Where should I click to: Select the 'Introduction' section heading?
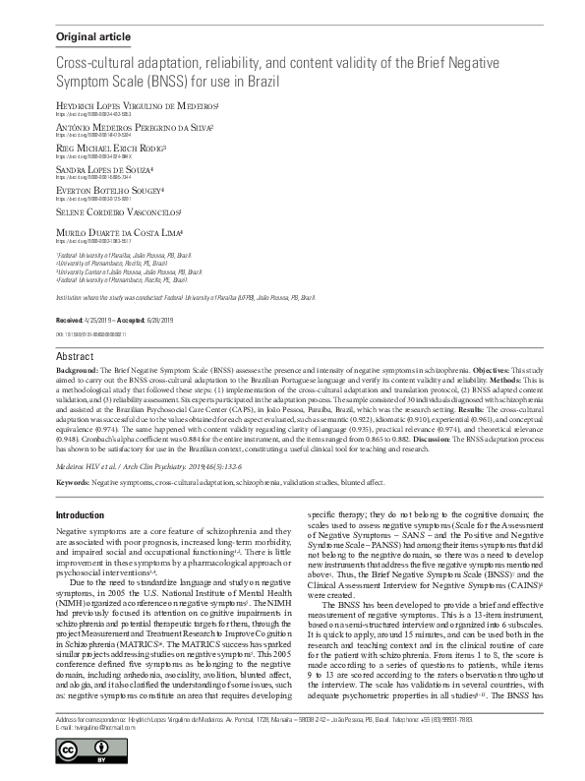(x=80, y=515)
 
